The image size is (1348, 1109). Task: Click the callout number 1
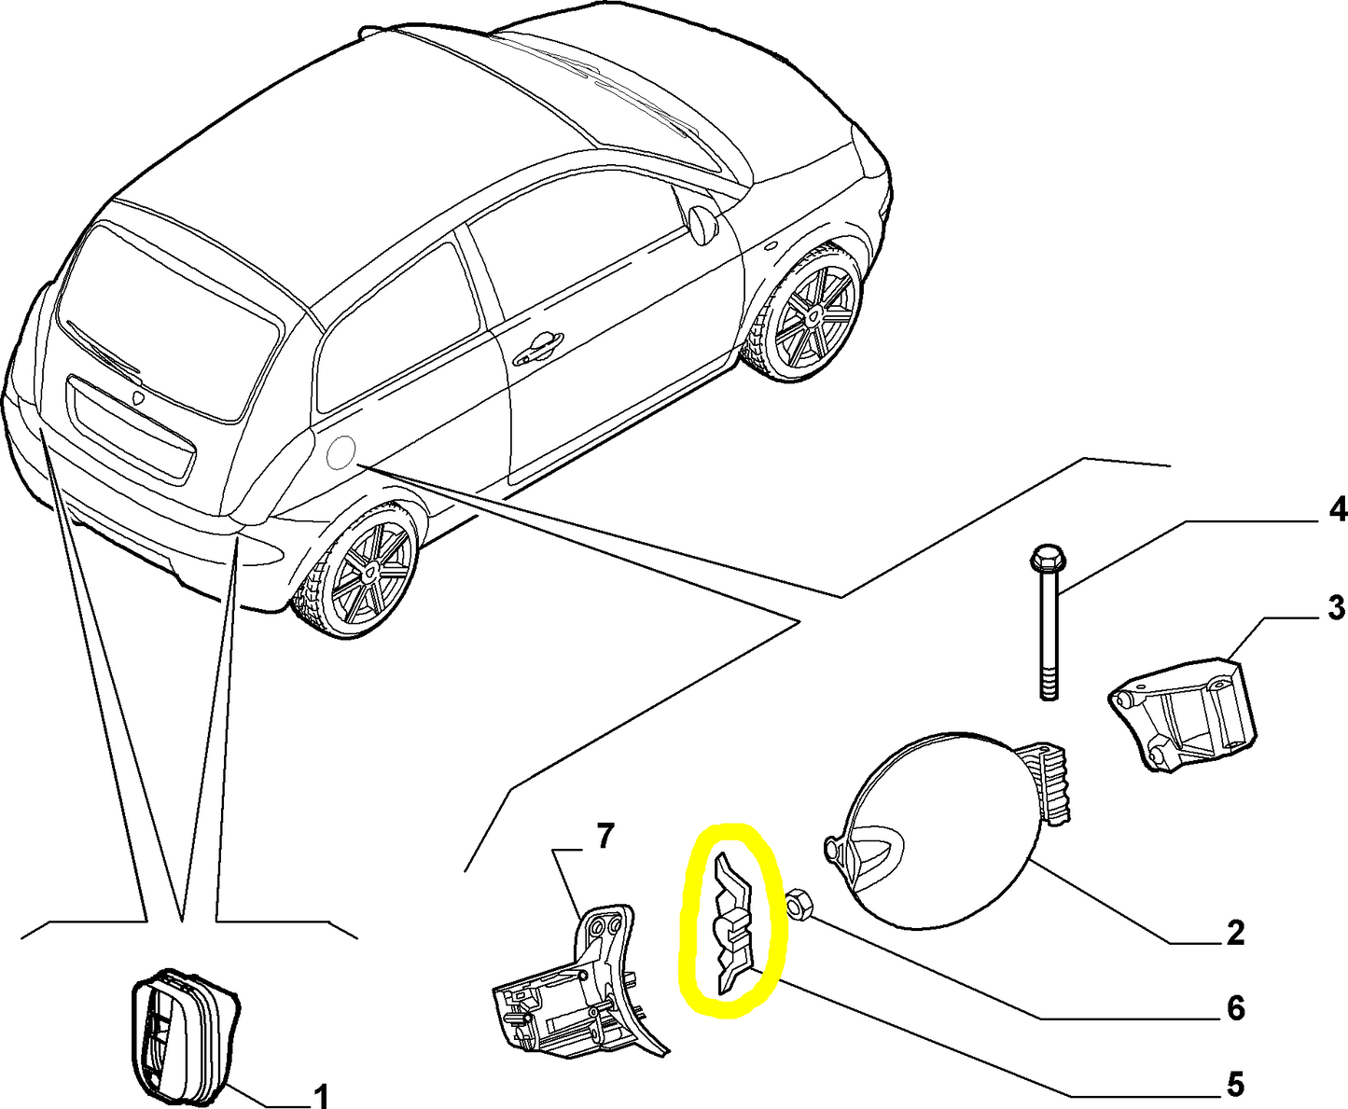[x=320, y=1095]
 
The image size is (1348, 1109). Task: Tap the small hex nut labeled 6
[x=799, y=903]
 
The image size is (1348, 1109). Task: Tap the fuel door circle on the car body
[x=340, y=452]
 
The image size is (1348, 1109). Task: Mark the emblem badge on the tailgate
[x=137, y=397]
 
